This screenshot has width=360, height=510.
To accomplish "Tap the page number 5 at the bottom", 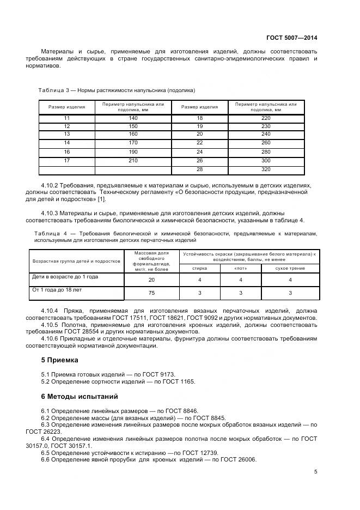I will click(316, 472).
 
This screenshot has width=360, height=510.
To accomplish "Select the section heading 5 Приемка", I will click(60, 360).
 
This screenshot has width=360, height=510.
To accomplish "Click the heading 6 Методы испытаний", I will click(80, 397).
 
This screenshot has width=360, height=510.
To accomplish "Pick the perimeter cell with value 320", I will click(265, 169).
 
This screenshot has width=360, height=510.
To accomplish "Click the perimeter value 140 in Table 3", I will click(133, 118).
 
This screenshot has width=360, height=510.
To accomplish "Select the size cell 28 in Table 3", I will click(199, 169).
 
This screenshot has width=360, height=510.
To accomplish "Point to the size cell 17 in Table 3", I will click(67, 160).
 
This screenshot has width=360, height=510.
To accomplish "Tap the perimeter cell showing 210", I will click(133, 160).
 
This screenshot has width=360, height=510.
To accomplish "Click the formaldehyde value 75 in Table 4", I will click(151, 293).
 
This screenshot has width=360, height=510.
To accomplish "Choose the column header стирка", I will click(200, 268).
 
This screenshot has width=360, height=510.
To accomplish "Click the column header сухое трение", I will click(290, 268).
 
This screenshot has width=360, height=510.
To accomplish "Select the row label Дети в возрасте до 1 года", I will click(65, 277).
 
